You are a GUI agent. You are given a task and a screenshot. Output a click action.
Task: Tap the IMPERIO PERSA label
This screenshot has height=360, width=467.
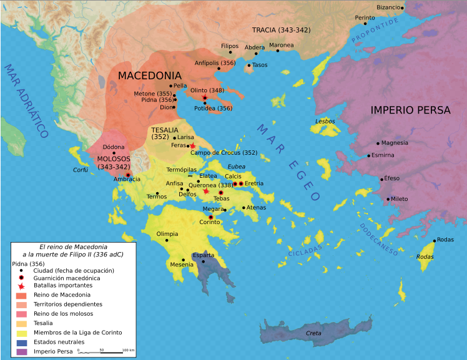[410, 110]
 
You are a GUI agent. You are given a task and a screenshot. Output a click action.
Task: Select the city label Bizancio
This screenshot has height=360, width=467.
[388, 7]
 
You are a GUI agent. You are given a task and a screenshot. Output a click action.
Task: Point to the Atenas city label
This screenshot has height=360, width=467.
[256, 207]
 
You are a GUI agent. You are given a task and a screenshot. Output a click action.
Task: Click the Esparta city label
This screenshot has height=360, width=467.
[204, 255]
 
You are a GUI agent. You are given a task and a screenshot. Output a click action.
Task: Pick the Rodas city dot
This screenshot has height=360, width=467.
[435, 240]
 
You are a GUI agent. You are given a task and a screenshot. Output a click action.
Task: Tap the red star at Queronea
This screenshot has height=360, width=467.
[207, 191]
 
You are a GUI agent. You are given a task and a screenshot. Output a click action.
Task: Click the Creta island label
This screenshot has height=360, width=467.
[313, 333]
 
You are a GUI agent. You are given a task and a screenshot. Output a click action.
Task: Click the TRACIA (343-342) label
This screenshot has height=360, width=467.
[281, 30]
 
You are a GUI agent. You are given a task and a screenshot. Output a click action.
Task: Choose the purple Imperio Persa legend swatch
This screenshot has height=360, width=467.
[21, 351]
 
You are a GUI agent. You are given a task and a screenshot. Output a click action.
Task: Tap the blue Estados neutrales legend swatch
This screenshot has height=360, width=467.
[21, 342]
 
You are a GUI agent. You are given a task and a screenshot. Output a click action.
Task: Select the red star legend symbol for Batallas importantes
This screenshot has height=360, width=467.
[21, 285]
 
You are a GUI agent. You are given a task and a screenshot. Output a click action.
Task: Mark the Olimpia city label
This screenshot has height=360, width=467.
[167, 234]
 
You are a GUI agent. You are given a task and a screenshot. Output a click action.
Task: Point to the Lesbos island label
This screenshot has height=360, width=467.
[325, 121]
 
